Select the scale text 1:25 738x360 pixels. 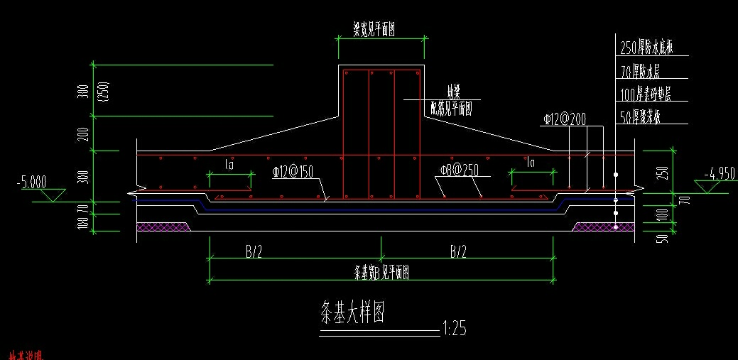(454, 329)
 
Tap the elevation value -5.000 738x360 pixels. (31, 182)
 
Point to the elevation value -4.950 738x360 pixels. (719, 173)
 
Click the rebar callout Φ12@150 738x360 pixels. (294, 171)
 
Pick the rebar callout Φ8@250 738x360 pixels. (460, 171)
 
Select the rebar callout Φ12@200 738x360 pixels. (566, 119)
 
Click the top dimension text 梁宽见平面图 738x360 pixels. (384, 29)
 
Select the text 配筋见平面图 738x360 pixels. (452, 109)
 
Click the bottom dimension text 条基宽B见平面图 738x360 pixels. (381, 272)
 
